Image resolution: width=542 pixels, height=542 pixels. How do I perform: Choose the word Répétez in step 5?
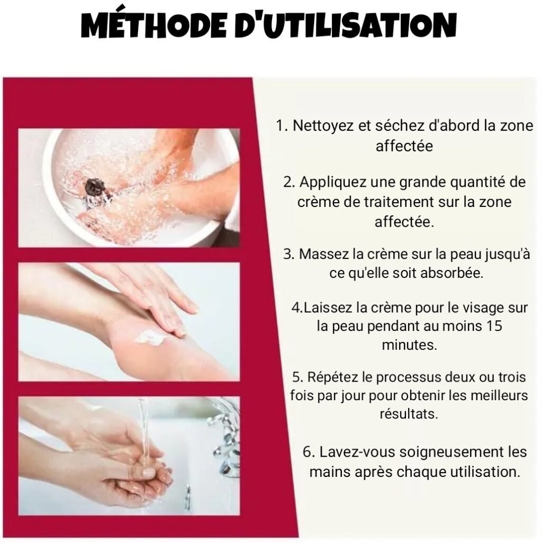332,377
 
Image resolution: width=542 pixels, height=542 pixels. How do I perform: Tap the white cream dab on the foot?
149,337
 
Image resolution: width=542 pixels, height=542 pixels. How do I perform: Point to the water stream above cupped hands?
143,432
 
